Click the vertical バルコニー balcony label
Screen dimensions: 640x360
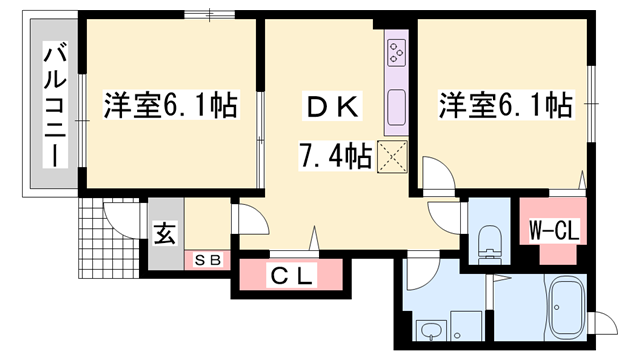coord(54,105)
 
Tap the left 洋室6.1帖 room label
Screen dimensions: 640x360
coord(169,105)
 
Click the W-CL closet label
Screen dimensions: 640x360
coord(553,230)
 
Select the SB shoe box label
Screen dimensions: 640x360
coord(212,259)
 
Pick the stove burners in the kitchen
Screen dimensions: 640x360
coord(396,52)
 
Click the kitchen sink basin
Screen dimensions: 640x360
coord(396,103)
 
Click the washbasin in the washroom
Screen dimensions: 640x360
coord(430,331)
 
